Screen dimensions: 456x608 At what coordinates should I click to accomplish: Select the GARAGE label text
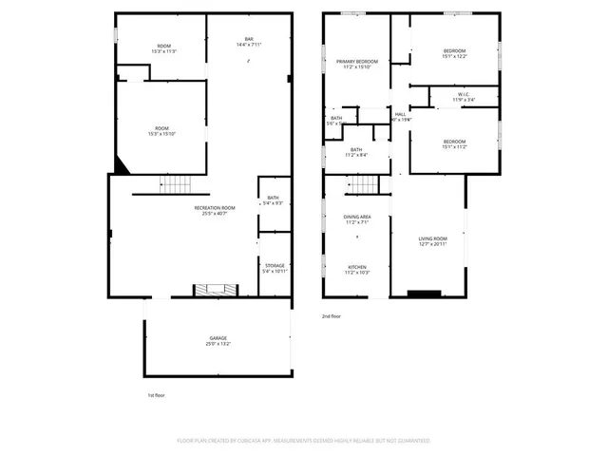218,337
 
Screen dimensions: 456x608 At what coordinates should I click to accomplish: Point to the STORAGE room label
274,265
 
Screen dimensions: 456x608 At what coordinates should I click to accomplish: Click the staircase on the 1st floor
175,183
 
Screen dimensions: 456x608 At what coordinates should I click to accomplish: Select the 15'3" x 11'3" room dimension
163,51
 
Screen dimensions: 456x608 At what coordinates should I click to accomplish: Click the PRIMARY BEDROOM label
355,62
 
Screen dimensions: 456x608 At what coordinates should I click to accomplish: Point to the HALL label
400,114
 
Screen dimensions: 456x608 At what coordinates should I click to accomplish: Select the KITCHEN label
356,267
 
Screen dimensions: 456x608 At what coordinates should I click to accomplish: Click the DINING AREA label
357,217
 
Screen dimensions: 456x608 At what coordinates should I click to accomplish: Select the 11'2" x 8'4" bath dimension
356,155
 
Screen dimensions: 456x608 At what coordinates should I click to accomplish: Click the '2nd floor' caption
330,315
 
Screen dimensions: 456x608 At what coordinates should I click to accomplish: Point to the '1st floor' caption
156,393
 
